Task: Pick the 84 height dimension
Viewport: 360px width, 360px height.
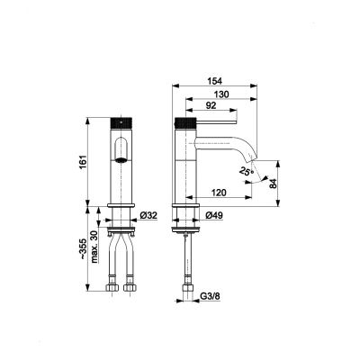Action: [x=273, y=184]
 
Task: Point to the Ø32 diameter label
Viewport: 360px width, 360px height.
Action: [x=149, y=216]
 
